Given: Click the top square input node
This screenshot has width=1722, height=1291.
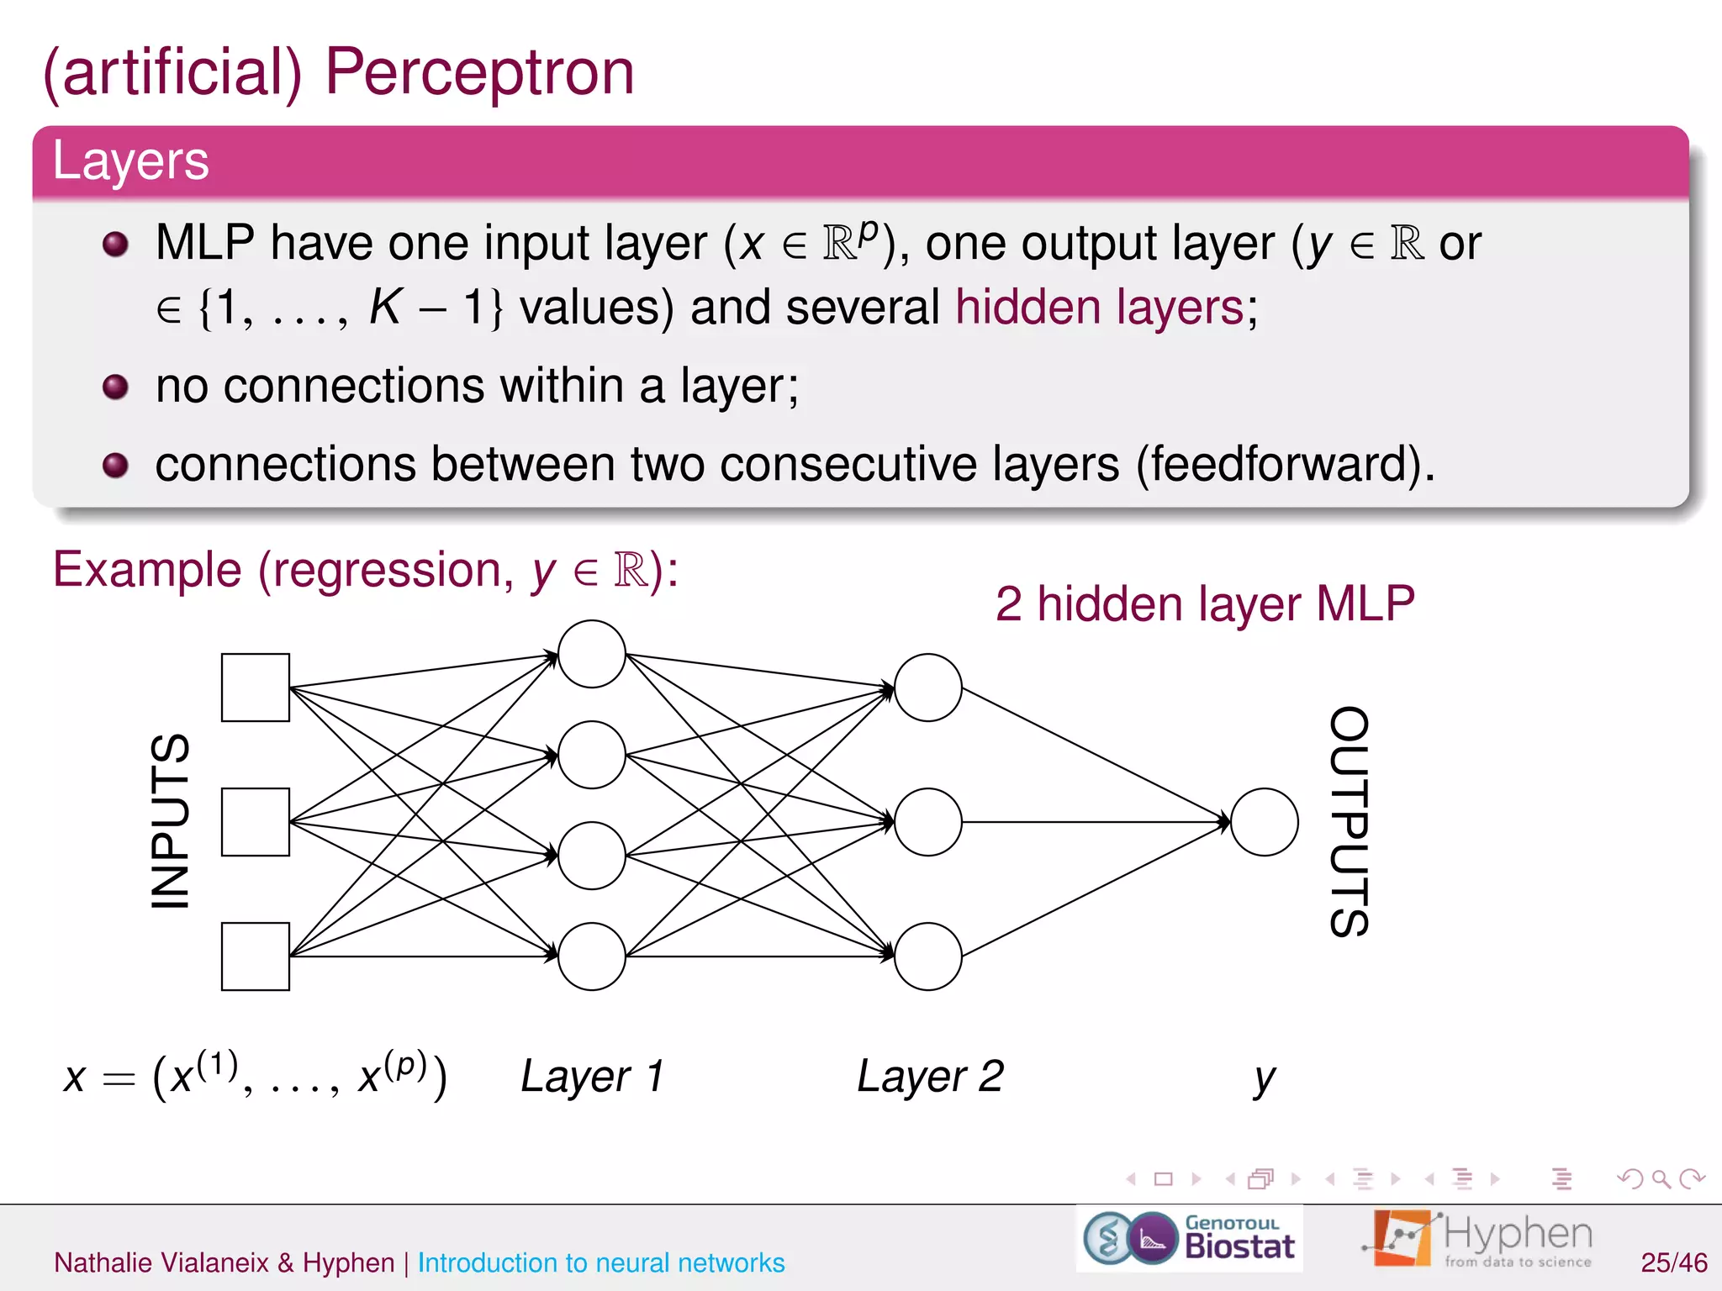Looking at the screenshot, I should [255, 688].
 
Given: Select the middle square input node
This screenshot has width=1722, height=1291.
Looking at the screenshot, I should [255, 822].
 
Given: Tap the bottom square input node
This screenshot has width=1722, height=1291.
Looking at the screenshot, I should [255, 956].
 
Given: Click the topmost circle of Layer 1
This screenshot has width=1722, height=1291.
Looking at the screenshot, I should [591, 654].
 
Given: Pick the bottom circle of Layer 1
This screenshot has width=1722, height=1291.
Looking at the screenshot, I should [591, 956].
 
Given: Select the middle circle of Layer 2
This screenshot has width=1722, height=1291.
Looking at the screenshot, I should [927, 822].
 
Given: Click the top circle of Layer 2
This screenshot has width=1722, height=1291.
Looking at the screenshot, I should [927, 688].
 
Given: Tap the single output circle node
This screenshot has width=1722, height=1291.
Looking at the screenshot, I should [1264, 822].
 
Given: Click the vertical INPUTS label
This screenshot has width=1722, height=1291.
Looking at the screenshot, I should [171, 822].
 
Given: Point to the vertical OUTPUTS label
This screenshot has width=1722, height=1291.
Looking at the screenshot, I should [1350, 822].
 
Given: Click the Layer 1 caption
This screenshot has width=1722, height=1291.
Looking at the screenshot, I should [593, 1077].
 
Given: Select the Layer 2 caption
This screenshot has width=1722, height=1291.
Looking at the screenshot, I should [930, 1077].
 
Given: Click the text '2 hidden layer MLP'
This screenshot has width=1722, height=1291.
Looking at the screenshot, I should [1204, 603].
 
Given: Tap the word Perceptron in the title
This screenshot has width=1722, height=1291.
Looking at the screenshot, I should [479, 72].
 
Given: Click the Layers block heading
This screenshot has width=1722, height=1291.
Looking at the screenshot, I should [131, 161].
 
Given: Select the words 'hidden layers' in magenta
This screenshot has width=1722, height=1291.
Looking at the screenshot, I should [1099, 307].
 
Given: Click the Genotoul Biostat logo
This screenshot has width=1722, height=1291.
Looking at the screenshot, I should [1189, 1238].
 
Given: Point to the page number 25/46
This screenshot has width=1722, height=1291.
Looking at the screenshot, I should [1673, 1262].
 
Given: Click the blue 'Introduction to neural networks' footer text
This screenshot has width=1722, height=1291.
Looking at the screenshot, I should [600, 1262].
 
